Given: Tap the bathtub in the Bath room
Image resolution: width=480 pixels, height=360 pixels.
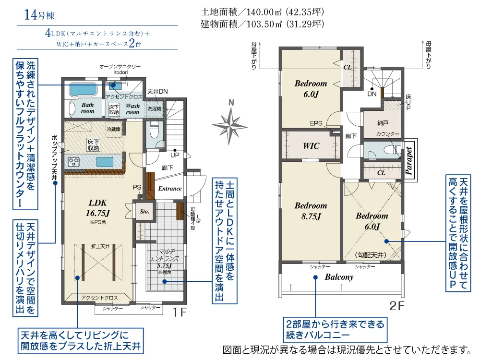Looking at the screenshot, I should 83,90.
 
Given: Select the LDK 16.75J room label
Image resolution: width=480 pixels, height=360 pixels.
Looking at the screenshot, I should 99,208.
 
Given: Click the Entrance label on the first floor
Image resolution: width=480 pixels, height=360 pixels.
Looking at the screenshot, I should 170,189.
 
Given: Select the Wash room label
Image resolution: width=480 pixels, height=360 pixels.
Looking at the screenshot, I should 132,108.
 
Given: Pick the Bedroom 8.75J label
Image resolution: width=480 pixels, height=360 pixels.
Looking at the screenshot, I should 311,211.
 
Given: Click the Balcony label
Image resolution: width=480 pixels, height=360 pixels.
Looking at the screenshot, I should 339,277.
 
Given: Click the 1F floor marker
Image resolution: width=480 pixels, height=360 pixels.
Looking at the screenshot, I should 179,312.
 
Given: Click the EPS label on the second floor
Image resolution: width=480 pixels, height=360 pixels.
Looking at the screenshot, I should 316,123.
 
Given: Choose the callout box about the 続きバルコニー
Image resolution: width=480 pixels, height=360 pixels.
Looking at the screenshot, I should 335,330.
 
